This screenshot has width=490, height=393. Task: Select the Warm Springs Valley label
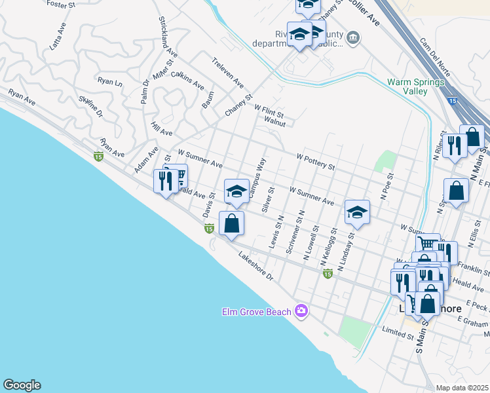416,86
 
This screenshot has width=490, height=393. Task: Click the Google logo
22,385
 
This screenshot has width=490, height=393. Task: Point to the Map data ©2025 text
462,388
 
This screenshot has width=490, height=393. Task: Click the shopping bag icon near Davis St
232,223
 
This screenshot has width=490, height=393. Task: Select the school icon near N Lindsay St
357,212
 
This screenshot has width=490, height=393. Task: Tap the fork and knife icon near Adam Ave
166,180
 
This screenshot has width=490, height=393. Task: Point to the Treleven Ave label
227,73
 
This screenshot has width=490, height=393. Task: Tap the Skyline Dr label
91,107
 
